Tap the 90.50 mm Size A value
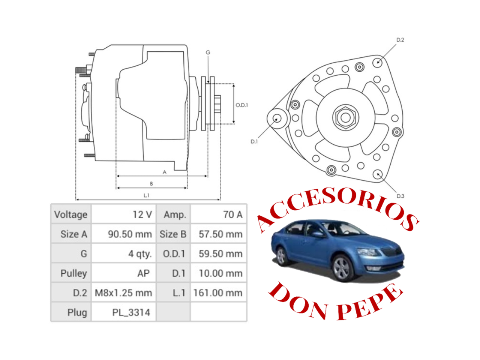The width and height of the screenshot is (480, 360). coord(130,234)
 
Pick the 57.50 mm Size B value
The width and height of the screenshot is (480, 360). coord(220,234)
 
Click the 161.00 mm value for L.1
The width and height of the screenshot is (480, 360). coord(218,292)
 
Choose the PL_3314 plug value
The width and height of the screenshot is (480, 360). coord(131,312)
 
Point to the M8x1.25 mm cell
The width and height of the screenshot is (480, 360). coord(123,292)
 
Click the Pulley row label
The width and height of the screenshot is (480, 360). coord(74,273)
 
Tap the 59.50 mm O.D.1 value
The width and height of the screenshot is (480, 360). coord(220,254)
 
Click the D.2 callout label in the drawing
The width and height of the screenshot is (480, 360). coord(400,40)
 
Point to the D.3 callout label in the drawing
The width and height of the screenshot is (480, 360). coord(400,196)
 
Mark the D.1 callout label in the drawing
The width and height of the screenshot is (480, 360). coord(254,142)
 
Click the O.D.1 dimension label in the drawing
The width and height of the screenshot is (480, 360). coord(241,105)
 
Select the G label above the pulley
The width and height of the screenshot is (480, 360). coord(208,52)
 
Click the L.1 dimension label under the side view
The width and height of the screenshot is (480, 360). coord(146,195)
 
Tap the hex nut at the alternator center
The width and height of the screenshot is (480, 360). coord(345,118)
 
